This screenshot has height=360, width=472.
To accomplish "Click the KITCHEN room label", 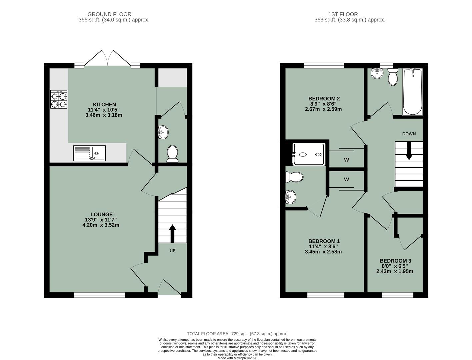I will coord(104,105).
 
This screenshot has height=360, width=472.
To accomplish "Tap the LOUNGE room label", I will coord(101,214).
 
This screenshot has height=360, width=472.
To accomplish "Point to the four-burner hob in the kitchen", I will coord(59,99).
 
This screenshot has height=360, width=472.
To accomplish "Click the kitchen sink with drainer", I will coord(89,153).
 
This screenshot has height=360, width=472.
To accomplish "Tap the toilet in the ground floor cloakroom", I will coord(172,153).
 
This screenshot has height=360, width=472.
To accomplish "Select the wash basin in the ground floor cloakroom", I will coord(163,132).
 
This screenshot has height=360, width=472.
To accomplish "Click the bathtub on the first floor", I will coord(413,92).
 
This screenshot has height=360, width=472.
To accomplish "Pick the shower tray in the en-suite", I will coord(308,154).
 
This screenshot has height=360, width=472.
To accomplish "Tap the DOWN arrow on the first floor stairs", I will coord(409,152).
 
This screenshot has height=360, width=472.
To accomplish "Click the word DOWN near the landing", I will coord(409,134).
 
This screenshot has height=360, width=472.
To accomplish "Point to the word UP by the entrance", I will coord(172,251).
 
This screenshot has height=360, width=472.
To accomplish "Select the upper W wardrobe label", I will coord(346,160).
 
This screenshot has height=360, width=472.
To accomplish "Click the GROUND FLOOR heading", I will coord(109,14).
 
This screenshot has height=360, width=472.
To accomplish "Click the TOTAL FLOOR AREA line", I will coord(237,334).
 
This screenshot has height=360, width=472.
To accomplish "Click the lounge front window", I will coord(99,295).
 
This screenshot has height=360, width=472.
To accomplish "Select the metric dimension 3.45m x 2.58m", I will coord(323,252).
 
